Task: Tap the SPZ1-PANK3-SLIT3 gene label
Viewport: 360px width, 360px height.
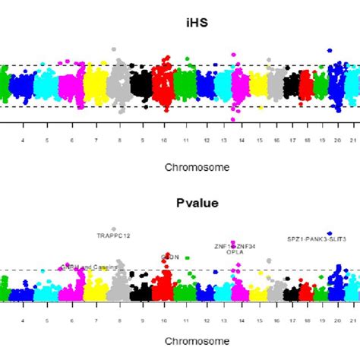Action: (x=316, y=239)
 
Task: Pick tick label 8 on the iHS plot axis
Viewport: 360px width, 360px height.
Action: (x=118, y=141)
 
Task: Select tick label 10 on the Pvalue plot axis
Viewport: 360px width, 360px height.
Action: (x=164, y=321)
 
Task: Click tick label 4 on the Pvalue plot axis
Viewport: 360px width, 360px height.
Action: (x=23, y=321)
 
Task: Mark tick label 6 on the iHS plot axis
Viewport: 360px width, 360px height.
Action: (x=72, y=141)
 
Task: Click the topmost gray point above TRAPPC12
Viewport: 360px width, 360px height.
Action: (x=114, y=229)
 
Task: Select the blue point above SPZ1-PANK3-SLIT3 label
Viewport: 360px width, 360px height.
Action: (x=329, y=233)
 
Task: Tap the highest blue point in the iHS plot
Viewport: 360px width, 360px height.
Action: (x=329, y=50)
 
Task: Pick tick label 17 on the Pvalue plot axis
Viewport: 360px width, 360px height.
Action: (x=292, y=321)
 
